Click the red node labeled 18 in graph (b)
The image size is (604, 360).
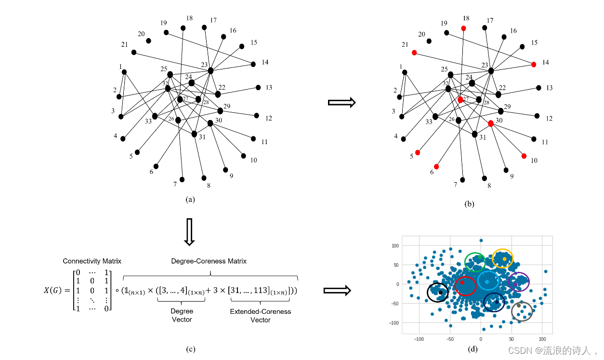coord(463,28)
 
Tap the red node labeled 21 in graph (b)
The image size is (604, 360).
coord(414,53)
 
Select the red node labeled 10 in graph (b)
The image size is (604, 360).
coord(524,156)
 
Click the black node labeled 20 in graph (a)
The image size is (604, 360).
coord(148,41)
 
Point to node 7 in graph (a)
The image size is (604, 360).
coord(182,180)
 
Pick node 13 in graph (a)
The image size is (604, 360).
coord(258,87)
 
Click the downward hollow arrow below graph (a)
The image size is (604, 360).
coord(189,232)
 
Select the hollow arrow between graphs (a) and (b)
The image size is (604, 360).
coord(341,102)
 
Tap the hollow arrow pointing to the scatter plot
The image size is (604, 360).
coord(337,290)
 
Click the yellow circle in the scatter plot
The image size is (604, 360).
coord(503,259)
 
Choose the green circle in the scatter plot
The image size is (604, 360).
coord(475,262)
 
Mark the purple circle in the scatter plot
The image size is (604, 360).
coord(519,282)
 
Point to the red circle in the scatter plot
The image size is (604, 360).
coord(465,286)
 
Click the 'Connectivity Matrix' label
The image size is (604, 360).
coord(92,261)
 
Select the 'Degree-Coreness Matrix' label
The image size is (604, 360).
coord(209,261)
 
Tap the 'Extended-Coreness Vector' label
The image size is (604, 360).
coord(261,316)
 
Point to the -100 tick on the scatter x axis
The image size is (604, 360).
coord(419,339)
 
